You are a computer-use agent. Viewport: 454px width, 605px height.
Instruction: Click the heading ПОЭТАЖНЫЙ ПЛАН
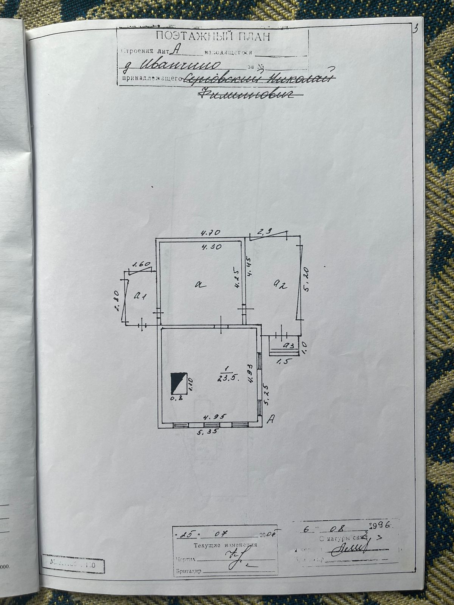213,37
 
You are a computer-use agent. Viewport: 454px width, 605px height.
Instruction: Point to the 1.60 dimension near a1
142,265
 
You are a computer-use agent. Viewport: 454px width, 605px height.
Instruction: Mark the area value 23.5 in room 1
227,379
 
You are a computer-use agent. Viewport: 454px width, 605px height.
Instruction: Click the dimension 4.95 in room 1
214,416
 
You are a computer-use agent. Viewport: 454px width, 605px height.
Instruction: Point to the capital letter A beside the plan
271,419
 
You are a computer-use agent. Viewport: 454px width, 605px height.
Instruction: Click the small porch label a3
289,345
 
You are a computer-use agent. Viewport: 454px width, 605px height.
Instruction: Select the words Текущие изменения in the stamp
225,545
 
